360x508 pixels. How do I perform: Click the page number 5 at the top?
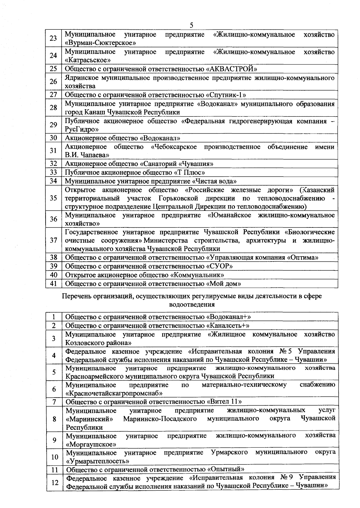click(192, 25)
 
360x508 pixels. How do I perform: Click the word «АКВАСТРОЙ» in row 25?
click(232, 69)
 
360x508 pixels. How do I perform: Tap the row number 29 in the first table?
click(53, 125)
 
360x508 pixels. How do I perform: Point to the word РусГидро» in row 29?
click(82, 129)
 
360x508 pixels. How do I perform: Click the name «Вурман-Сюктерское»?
click(99, 43)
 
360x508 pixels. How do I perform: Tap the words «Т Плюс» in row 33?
click(190, 173)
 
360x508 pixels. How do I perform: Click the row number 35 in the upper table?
click(53, 198)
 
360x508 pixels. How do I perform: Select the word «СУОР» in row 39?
click(220, 266)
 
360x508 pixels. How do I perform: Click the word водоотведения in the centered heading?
click(192, 305)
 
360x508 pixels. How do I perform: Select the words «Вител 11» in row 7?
click(224, 402)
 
